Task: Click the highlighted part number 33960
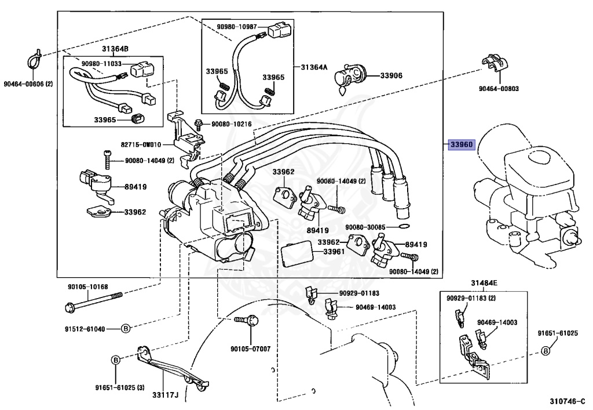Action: point(462,144)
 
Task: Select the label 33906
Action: point(391,75)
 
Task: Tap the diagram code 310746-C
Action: point(567,401)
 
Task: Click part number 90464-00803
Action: point(499,89)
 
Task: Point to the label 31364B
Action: point(115,49)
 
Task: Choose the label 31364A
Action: point(314,67)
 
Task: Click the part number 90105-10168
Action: point(88,286)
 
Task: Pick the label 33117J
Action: point(165,395)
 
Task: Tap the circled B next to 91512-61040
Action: point(126,329)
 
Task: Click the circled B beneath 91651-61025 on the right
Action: point(546,351)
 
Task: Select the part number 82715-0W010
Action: point(141,144)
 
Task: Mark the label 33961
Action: point(334,251)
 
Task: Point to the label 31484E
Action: point(484,283)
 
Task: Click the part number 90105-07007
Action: point(251,349)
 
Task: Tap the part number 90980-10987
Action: point(237,27)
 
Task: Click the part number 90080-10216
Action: point(232,124)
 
